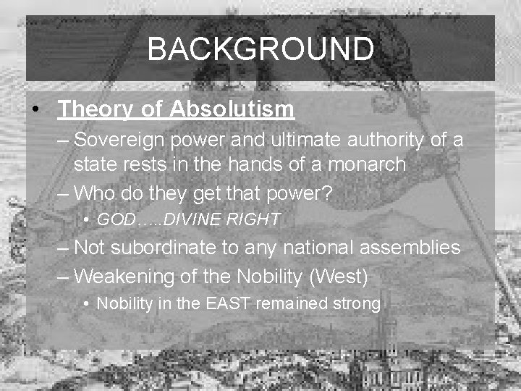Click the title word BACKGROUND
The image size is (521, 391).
[260, 49]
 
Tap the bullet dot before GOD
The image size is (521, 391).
[85, 219]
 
